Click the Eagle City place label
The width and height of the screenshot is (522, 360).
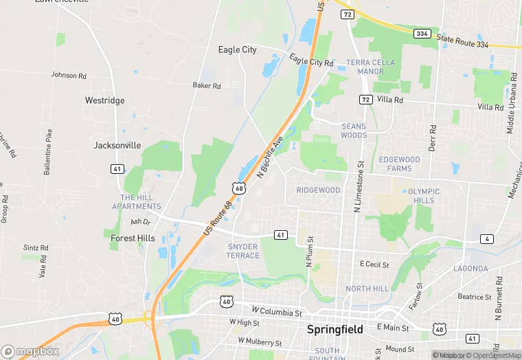tap(237, 49)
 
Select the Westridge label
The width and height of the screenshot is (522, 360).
tap(104, 100)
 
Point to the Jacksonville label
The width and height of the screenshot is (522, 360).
tap(117, 146)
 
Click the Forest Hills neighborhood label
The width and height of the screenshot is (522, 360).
tap(133, 238)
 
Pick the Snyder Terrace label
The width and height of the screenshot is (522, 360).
tap(243, 251)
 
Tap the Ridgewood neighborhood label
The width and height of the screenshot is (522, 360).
tap(318, 190)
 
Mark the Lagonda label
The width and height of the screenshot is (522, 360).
tap(471, 269)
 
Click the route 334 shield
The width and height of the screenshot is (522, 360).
tap(422, 33)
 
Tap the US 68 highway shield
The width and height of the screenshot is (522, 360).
tap(239, 188)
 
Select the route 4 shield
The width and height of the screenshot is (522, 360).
tap(487, 239)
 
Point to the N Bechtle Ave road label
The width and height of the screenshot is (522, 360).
tap(270, 158)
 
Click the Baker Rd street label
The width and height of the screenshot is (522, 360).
tap(206, 86)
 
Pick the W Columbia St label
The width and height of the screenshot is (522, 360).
tap(277, 311)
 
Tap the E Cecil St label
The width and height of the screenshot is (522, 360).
tap(374, 264)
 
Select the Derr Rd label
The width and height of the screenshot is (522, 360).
tap(433, 138)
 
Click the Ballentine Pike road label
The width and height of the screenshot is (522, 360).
tap(48, 153)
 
